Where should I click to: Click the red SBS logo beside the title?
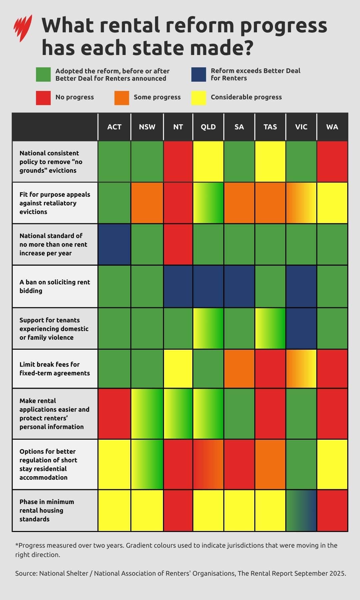(23, 28)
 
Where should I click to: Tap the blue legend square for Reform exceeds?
(198, 74)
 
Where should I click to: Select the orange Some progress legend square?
(122, 98)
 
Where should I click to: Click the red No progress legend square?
(43, 98)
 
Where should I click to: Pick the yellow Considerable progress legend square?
(199, 98)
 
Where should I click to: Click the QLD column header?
(208, 127)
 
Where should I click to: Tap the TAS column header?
(270, 127)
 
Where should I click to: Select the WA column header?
(332, 127)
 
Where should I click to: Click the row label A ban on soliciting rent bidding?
(55, 286)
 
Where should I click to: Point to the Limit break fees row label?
(55, 369)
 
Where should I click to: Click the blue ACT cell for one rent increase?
(114, 244)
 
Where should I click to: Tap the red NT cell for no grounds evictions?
(178, 162)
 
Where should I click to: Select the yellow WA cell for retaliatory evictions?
(332, 203)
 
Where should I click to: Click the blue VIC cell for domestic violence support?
(301, 328)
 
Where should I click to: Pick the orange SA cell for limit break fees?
(239, 369)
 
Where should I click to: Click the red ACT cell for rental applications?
(114, 414)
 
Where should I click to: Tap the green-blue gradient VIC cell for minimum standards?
(301, 510)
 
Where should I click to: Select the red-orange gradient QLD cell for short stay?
(208, 464)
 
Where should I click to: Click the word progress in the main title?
(283, 26)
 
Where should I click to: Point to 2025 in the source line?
(337, 573)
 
